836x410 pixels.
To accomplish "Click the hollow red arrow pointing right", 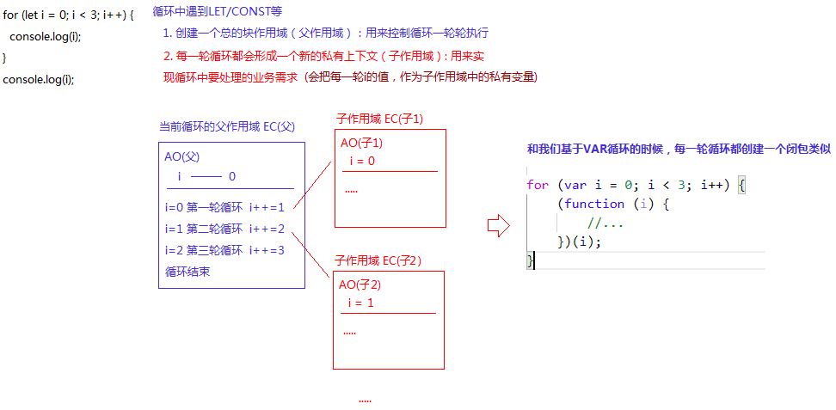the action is pos(499,226).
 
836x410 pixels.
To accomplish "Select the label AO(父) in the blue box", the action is pos(181,157).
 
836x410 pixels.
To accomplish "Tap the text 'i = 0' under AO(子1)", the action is pos(362,161).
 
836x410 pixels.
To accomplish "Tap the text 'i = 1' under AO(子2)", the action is pos(360,303).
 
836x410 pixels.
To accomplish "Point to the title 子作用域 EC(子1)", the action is pos(379,119).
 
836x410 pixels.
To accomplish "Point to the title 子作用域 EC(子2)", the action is pos(378,260).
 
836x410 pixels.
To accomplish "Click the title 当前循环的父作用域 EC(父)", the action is pos(226,126).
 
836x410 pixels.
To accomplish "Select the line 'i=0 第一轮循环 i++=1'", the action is pos(224,207).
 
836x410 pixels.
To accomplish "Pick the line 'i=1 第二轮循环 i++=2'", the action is pos(224,229).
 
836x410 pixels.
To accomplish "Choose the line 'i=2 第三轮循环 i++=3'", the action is pos(224,250).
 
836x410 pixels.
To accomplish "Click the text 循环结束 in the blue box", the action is pos(187,271).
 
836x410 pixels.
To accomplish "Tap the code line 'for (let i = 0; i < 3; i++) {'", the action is pos(69,15).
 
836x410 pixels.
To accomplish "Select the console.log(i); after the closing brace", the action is pos(39,79).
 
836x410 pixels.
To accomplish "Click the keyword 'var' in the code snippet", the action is pos(575,185).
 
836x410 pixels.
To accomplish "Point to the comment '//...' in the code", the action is pos(605,223).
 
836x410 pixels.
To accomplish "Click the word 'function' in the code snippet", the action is pos(594,204).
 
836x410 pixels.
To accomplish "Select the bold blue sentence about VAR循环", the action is pos(679,149).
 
